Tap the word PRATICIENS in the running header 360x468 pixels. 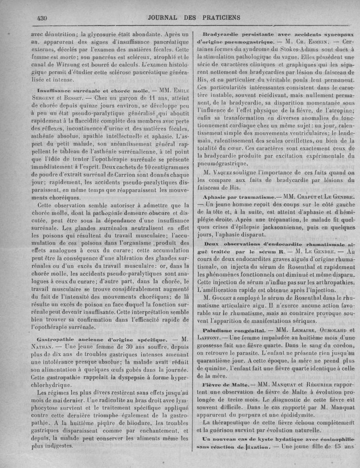(x=218, y=18)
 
